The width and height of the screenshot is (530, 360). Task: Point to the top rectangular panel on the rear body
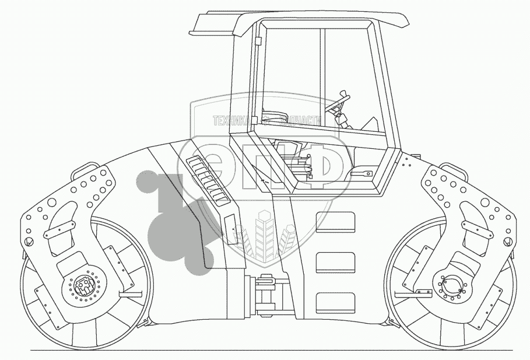coord(335,223)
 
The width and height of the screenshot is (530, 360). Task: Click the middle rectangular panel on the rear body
coord(335,263)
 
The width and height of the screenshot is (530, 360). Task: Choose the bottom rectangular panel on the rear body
coord(335,302)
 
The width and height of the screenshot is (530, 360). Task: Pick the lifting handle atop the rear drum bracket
coord(454,168)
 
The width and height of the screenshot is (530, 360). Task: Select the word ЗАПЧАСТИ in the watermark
coord(301,121)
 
